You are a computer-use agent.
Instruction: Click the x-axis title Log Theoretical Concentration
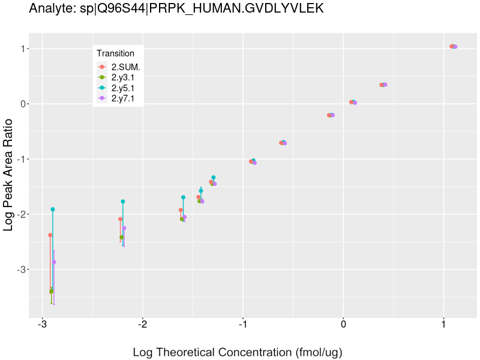[x=238, y=352]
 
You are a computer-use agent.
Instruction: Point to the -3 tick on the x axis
[x=43, y=325]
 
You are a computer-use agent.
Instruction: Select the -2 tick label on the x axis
[x=143, y=325]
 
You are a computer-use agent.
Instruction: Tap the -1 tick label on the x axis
[x=243, y=325]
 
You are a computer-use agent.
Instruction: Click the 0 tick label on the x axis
[x=343, y=325]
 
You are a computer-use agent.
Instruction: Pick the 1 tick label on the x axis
[x=443, y=325]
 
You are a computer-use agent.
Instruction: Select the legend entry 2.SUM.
[x=125, y=67]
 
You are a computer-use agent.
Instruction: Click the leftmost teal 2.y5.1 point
[x=53, y=209]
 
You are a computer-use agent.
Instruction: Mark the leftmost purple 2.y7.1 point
[x=54, y=262]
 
